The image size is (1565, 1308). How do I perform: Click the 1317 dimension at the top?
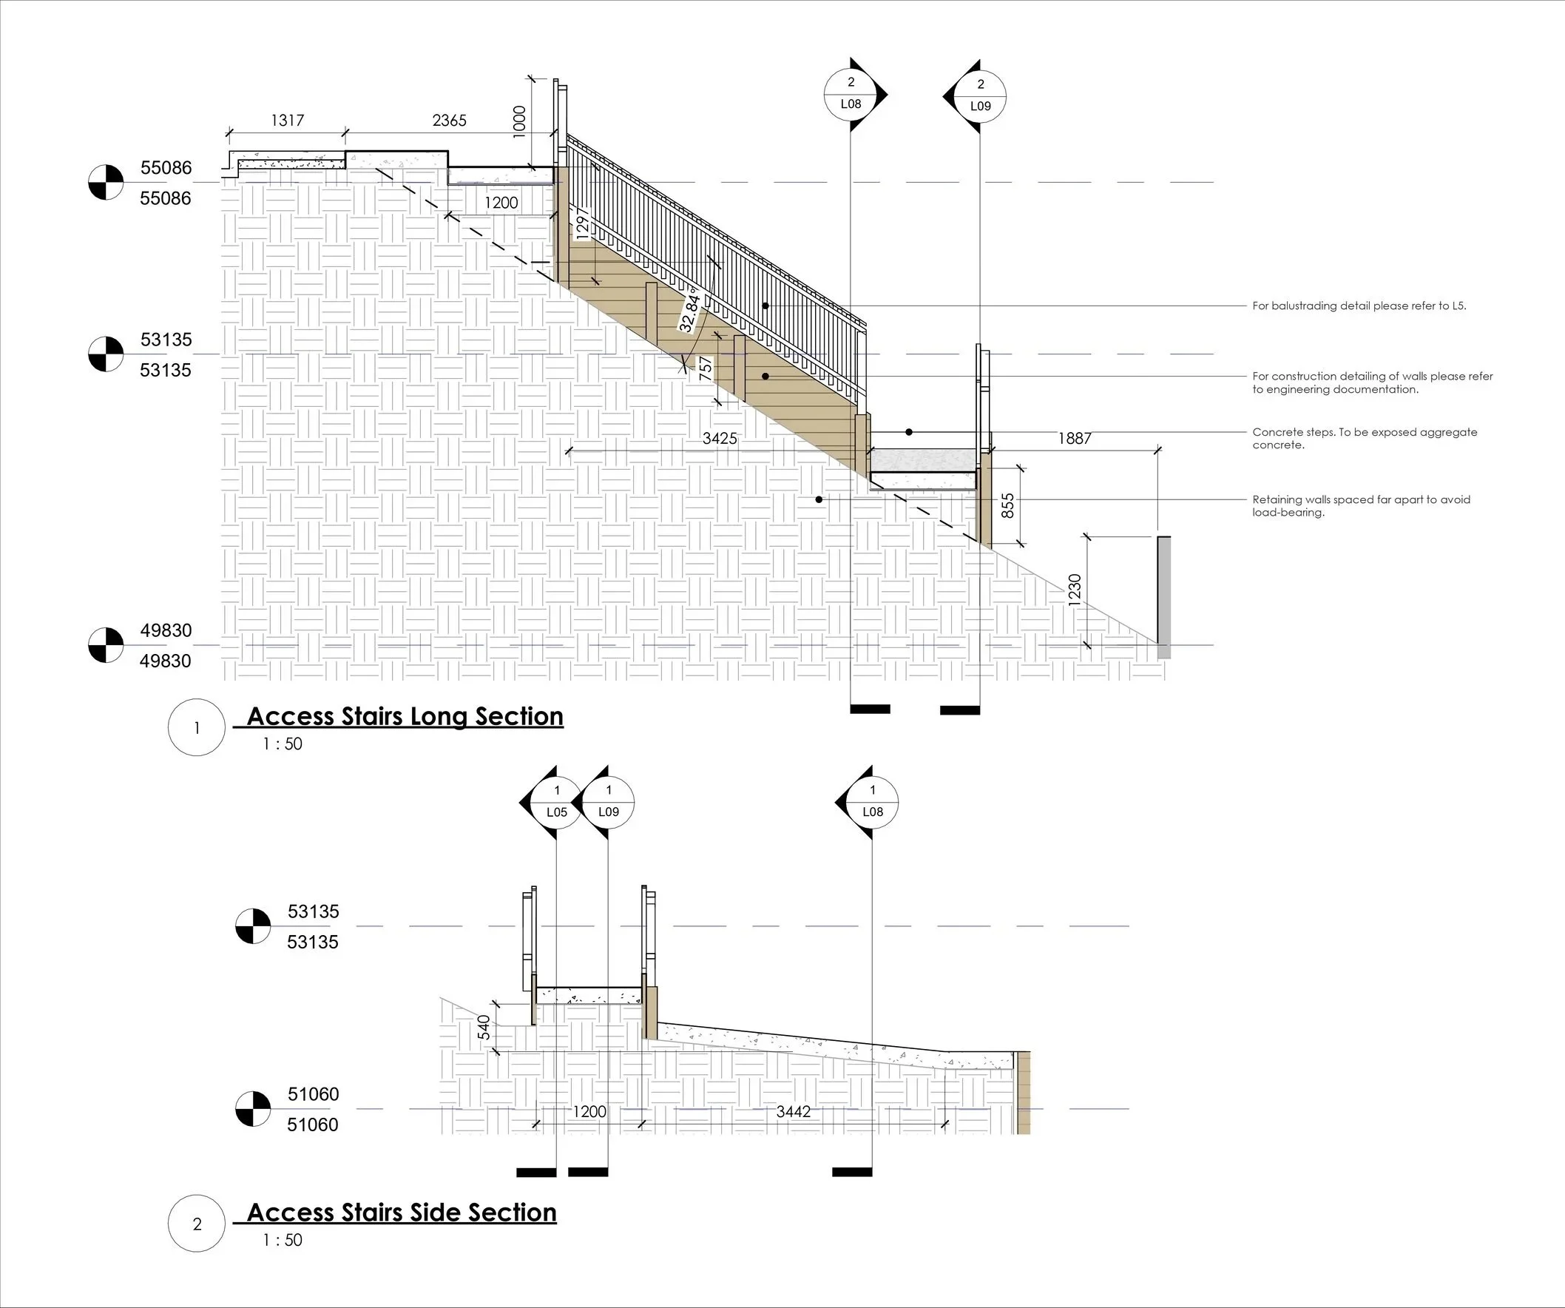[287, 120]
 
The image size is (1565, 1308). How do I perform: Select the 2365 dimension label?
[450, 120]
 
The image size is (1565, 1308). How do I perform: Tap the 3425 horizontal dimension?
[720, 438]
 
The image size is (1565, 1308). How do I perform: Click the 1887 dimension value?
[1075, 438]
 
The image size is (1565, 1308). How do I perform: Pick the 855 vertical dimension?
[1007, 505]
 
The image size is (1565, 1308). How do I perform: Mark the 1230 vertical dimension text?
[1075, 590]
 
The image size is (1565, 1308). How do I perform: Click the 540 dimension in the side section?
[484, 1027]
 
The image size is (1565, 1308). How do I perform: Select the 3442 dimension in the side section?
[793, 1111]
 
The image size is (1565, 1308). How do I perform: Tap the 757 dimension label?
[705, 369]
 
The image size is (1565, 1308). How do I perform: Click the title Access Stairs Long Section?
[405, 716]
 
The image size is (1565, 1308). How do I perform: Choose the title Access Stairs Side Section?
[402, 1213]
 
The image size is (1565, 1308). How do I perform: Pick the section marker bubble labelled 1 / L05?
[556, 802]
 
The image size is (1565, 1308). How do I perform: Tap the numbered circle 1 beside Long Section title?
[197, 727]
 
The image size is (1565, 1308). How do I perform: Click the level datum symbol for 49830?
[106, 644]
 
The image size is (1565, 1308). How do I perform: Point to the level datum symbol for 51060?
[254, 1108]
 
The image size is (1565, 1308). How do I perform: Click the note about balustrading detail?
[1359, 306]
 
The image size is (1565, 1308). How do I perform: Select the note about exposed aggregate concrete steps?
[1364, 438]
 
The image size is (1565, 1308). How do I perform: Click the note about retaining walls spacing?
[1361, 506]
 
